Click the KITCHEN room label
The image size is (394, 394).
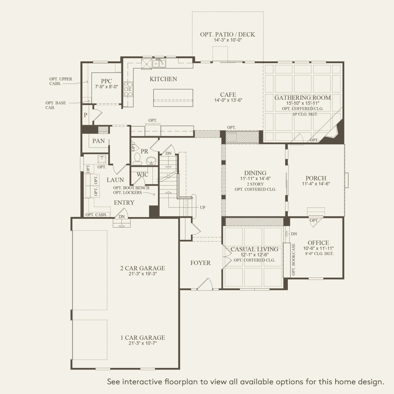click(163, 79)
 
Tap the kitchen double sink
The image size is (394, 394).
click(159, 63)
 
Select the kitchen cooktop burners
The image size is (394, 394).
click(128, 89)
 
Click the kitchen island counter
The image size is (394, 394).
click(173, 98)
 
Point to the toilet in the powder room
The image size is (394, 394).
click(137, 159)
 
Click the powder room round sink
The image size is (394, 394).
click(152, 161)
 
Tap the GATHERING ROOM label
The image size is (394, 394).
click(302, 98)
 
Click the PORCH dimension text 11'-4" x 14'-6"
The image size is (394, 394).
click(316, 184)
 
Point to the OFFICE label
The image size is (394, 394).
click(318, 243)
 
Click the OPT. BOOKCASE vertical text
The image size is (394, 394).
click(294, 259)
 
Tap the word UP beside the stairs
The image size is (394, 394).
click(202, 207)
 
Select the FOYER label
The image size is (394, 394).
click(200, 263)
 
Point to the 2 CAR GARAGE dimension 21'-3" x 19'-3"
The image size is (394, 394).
click(143, 274)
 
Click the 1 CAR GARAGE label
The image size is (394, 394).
click(143, 337)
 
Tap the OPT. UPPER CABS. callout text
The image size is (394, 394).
click(61, 81)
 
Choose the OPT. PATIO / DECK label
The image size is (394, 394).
click(228, 34)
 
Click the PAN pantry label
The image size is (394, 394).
click(98, 141)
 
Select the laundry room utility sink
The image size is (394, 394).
click(102, 159)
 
